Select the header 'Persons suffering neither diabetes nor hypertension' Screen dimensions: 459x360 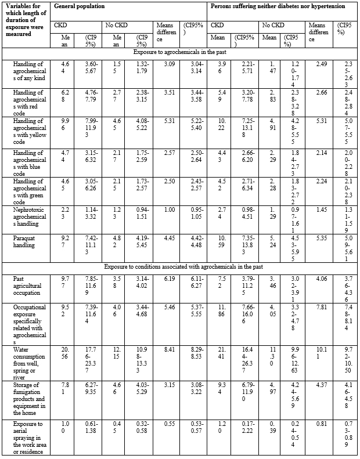point(278,6)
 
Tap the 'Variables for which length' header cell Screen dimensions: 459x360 point(24,26)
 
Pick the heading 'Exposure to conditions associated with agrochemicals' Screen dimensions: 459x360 point(179,266)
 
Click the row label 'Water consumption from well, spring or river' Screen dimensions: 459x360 point(23,362)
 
